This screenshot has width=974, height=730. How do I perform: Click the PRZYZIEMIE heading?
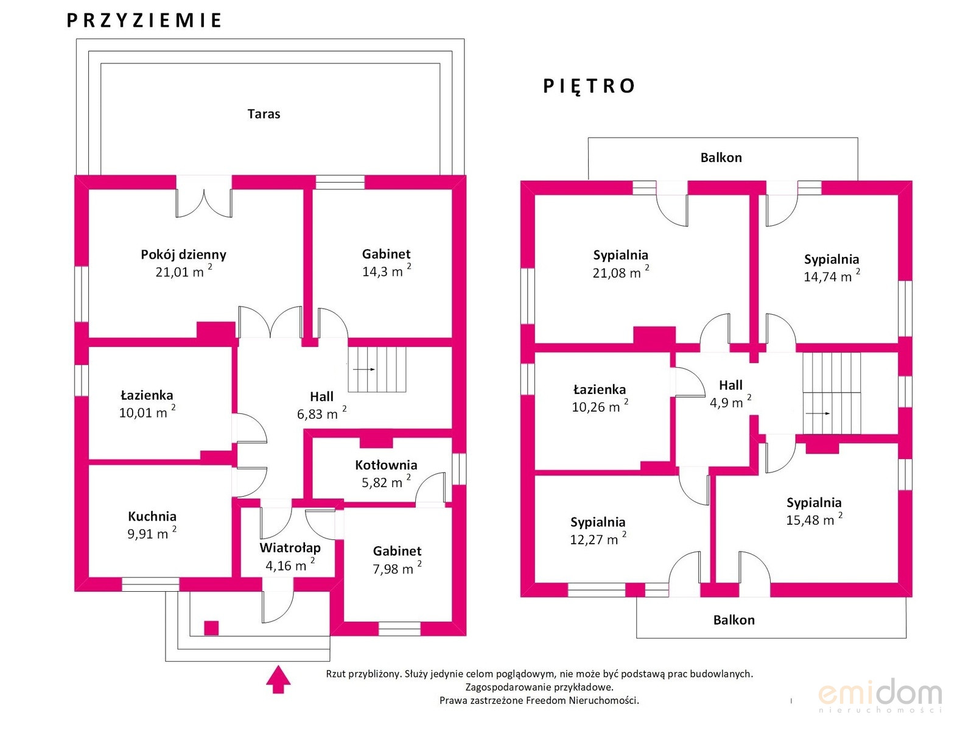[x=144, y=21]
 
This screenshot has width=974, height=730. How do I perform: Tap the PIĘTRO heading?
[x=589, y=86]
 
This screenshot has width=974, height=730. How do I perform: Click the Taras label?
[x=264, y=114]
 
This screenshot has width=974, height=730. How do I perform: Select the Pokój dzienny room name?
[x=183, y=254]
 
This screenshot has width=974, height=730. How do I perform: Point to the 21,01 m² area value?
[x=184, y=271]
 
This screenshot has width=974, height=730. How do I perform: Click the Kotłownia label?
[x=386, y=465]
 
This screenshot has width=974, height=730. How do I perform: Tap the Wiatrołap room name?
[x=290, y=547]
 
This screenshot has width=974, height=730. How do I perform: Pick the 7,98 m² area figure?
[x=397, y=568]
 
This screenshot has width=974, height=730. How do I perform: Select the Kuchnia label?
[x=152, y=516]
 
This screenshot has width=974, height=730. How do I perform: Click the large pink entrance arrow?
[x=278, y=679]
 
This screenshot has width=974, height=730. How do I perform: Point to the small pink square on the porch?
[x=211, y=628]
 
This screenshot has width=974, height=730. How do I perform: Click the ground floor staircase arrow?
[x=364, y=369]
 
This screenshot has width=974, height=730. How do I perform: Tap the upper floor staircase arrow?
[x=818, y=413]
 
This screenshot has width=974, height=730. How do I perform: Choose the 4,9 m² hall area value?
[x=730, y=402]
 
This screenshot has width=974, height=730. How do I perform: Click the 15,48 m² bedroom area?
[x=814, y=519]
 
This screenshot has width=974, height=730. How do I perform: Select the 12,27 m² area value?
[x=598, y=539]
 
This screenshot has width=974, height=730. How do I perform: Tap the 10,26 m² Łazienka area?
[x=600, y=406]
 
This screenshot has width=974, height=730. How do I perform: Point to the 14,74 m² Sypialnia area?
[x=832, y=276]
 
